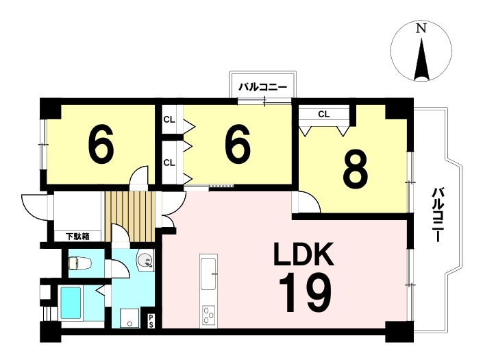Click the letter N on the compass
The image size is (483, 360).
[x=421, y=29]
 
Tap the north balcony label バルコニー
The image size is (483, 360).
[x=263, y=88]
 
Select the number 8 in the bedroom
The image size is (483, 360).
[x=355, y=170]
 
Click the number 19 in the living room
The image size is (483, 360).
[x=305, y=293]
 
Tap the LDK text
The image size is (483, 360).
[x=304, y=254]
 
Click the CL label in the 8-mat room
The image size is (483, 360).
[x=324, y=115]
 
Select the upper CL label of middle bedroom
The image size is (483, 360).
[x=169, y=119]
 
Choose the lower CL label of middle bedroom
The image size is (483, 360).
[x=169, y=163]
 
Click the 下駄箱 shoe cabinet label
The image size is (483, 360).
[x=77, y=237]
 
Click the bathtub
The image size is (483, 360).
[x=71, y=303]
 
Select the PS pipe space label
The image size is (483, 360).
[x=151, y=321]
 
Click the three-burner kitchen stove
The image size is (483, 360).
[x=209, y=315]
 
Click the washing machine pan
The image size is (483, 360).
[x=131, y=317]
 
